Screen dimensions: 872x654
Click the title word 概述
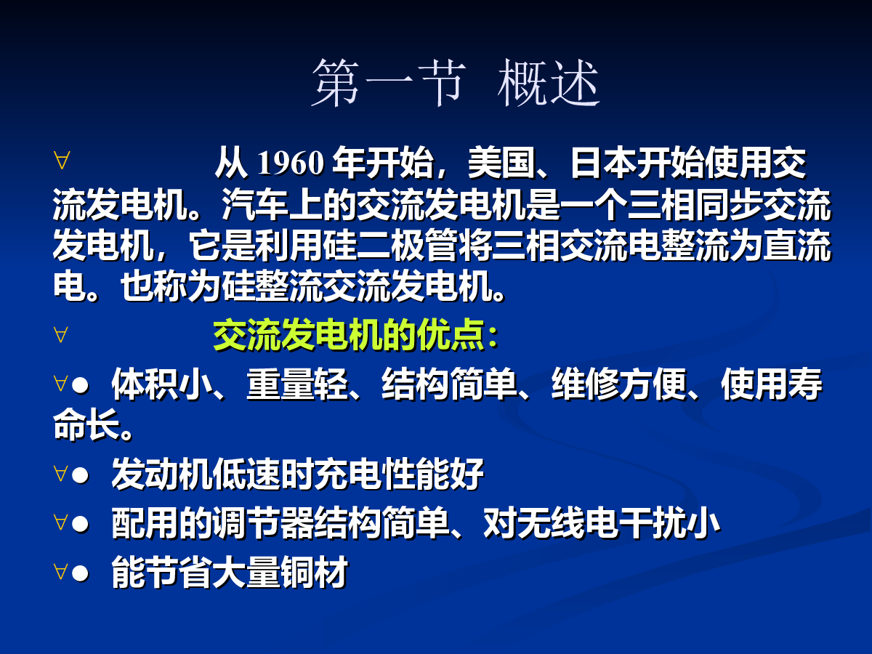(549, 83)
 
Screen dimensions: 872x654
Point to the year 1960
(291, 163)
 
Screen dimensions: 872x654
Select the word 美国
(501, 163)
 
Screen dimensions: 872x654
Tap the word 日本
(603, 163)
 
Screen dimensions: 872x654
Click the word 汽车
(254, 205)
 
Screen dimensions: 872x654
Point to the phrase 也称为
(170, 286)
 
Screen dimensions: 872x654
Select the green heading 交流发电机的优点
(350, 335)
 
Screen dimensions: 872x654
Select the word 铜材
(314, 572)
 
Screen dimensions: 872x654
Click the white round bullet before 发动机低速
(80, 475)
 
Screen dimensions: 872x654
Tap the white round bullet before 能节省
(80, 573)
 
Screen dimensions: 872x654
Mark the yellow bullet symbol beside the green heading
(61, 335)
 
